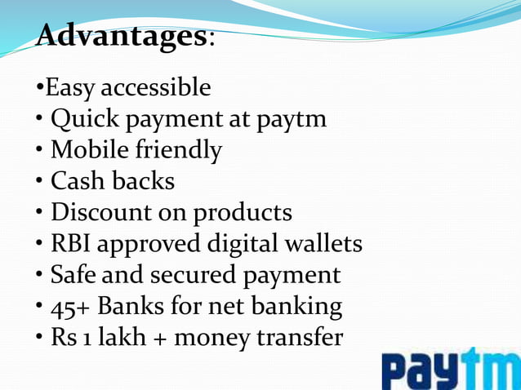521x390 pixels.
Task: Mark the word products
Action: point(243,214)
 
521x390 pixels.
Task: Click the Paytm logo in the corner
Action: point(449,370)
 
